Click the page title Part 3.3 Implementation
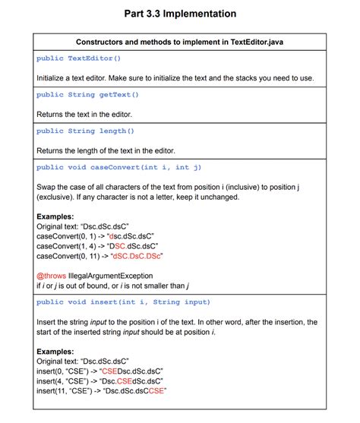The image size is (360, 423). [180, 14]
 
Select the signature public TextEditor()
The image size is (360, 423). [79, 58]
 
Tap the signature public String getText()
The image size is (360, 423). [87, 95]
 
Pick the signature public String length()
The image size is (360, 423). [86, 131]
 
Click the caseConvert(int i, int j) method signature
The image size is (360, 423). [118, 167]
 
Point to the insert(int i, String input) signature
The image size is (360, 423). [123, 302]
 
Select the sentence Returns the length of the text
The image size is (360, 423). [106, 150]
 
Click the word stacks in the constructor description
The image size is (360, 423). [255, 77]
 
